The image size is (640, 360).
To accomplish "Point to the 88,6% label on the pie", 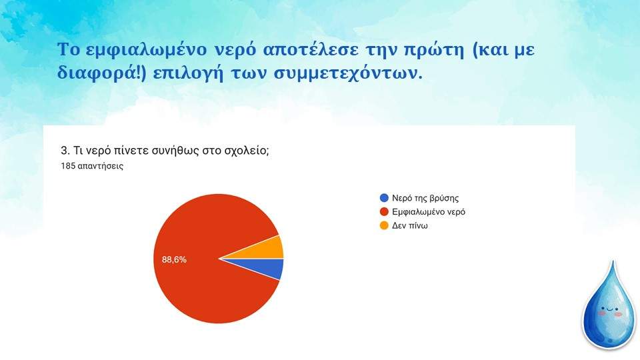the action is pyautogui.click(x=174, y=259).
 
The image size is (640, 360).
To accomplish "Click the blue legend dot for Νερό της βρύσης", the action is pyautogui.click(x=384, y=198).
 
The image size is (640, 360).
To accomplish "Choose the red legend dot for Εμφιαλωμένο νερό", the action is pyautogui.click(x=384, y=212).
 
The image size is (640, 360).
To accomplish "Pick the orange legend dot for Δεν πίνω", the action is pyautogui.click(x=384, y=226).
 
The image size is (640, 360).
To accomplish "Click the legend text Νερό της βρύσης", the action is pyautogui.click(x=425, y=199).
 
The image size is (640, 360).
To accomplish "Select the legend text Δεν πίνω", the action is pyautogui.click(x=410, y=226).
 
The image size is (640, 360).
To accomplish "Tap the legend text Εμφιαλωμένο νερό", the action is pyautogui.click(x=429, y=212).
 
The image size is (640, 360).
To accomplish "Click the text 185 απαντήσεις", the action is pyautogui.click(x=92, y=166).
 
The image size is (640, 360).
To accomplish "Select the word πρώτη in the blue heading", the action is pyautogui.click(x=434, y=50).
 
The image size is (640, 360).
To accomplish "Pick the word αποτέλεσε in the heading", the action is pyautogui.click(x=311, y=50).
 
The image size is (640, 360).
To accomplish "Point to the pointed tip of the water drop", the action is pyautogui.click(x=612, y=261).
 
